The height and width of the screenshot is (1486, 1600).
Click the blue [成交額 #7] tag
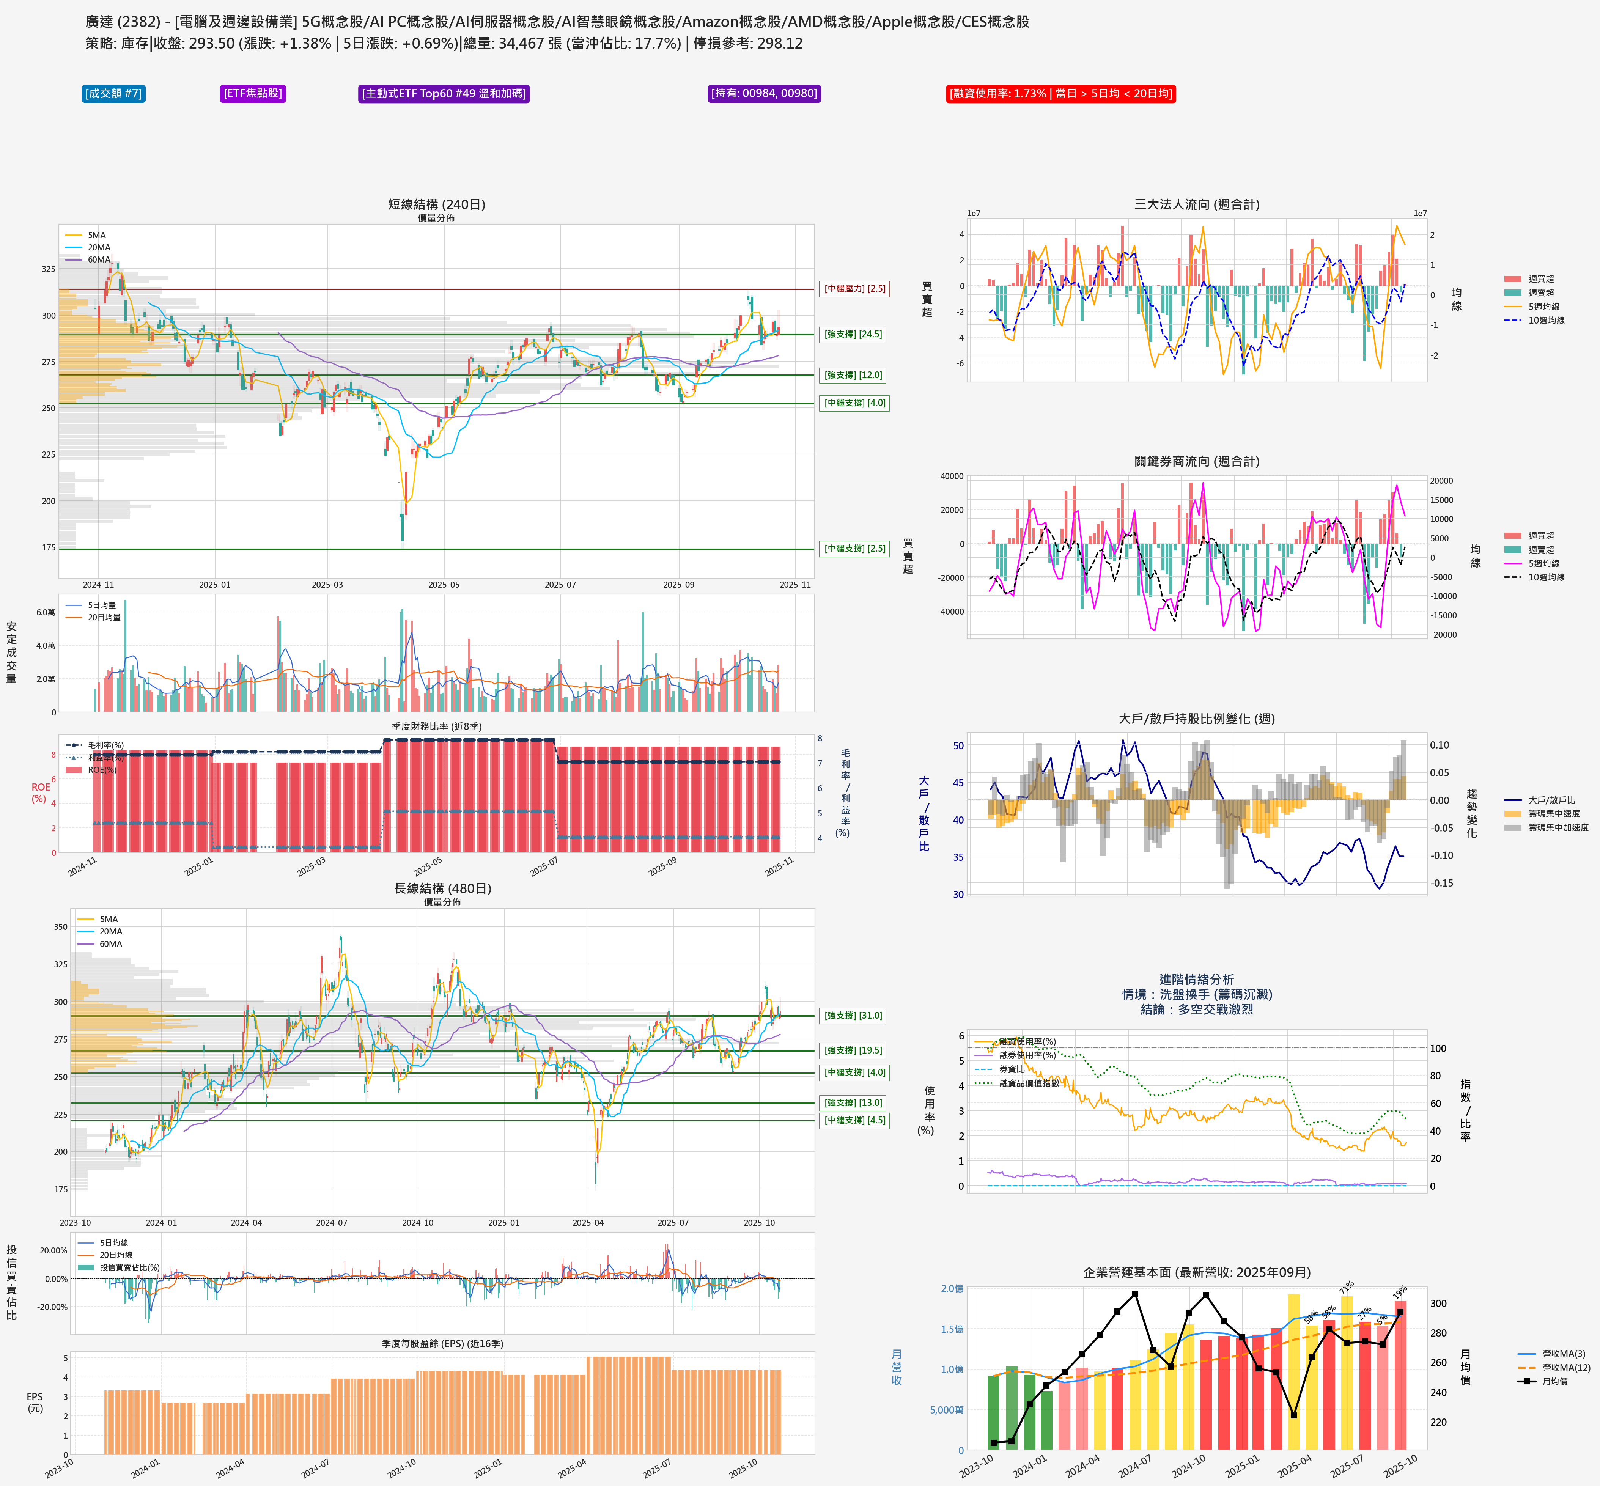point(113,93)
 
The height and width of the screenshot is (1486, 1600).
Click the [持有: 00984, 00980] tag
point(764,93)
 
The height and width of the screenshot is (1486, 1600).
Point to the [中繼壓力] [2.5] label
point(854,289)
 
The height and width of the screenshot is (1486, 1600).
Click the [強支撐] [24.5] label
point(853,335)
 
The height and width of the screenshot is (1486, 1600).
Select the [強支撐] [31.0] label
point(853,1016)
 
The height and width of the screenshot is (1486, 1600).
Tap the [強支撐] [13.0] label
point(853,1102)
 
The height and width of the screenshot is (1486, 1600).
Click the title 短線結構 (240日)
point(437,204)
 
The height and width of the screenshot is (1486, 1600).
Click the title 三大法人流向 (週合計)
point(1196,204)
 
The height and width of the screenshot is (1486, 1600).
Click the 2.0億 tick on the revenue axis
point(952,1288)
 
